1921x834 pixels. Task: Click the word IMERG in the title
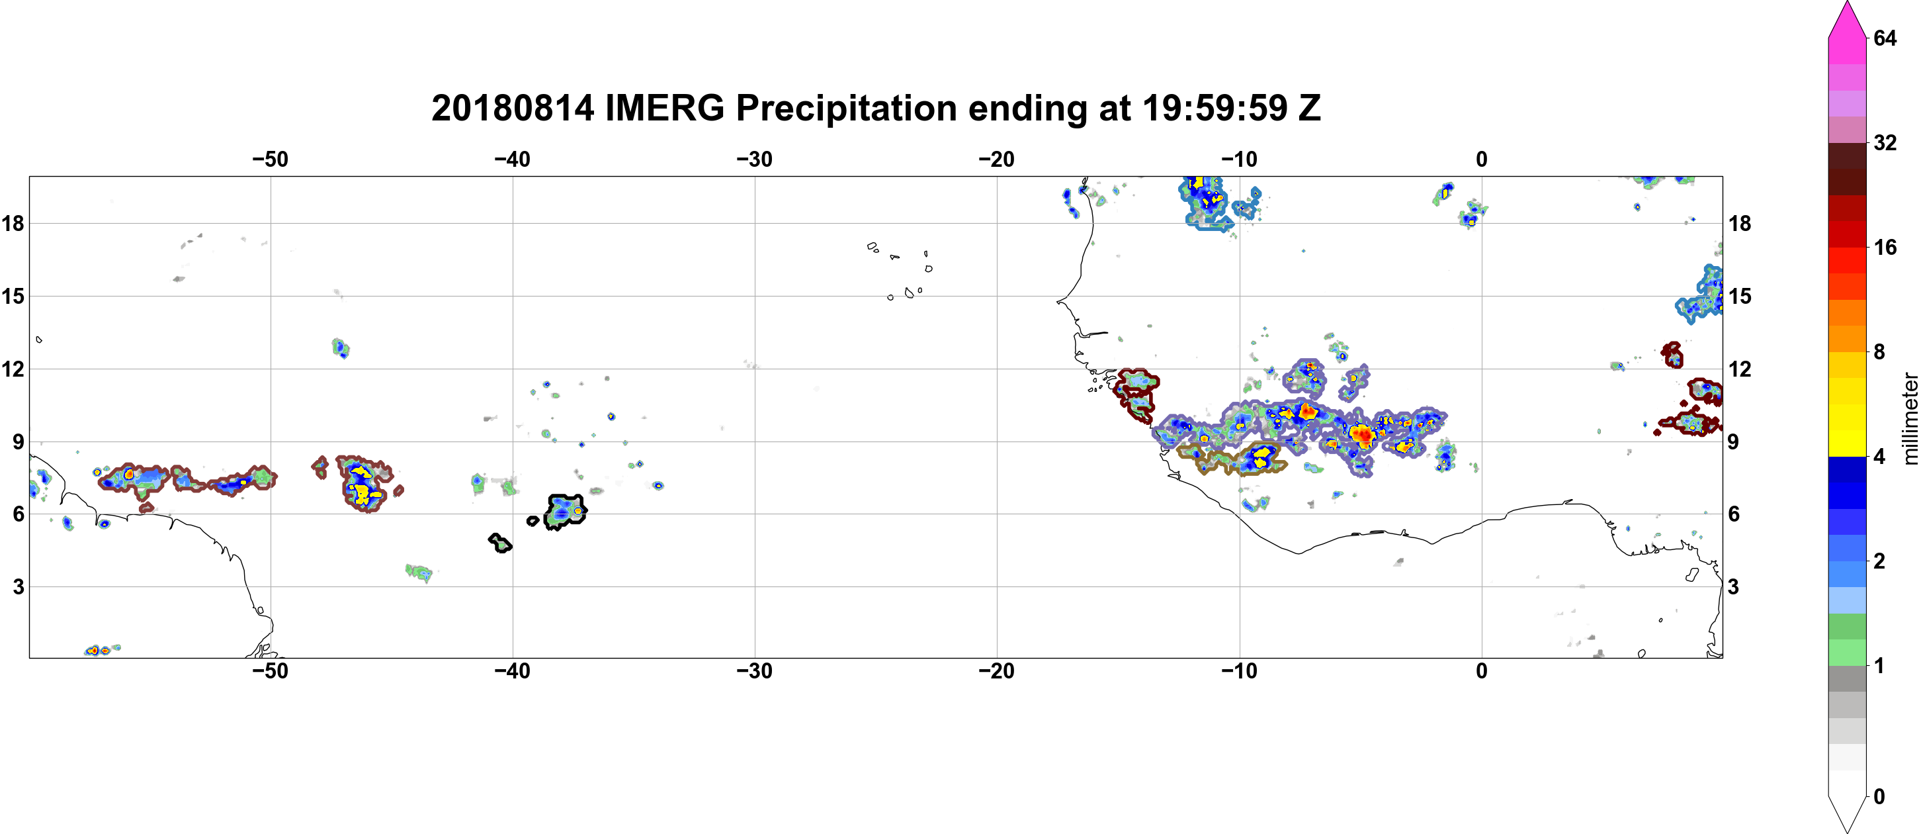(664, 108)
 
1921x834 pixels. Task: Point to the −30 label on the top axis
(755, 160)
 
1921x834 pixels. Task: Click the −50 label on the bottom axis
(270, 671)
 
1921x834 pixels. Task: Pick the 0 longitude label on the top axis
(1481, 160)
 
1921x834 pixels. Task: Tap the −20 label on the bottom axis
(997, 671)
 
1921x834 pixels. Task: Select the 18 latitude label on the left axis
(13, 223)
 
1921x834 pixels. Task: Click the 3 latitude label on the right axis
(1733, 587)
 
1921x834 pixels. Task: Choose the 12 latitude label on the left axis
(13, 369)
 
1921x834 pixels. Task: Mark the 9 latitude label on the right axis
(1733, 441)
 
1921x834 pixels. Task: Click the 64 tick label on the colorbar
(1885, 38)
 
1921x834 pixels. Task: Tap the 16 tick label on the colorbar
(1885, 248)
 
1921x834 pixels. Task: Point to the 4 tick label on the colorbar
(1879, 457)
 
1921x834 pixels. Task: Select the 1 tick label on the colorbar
(1879, 665)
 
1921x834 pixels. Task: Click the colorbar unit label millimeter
(1910, 419)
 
